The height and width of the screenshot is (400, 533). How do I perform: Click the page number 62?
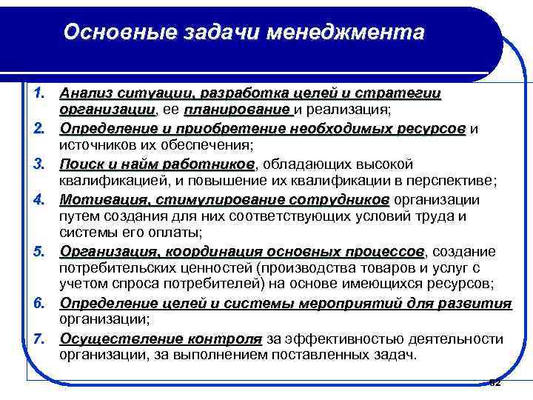tap(495, 382)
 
